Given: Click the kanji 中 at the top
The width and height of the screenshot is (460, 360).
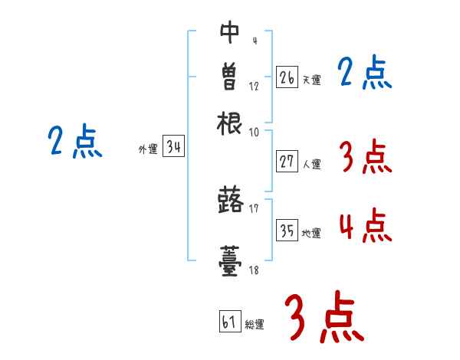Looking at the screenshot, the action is tap(230, 32).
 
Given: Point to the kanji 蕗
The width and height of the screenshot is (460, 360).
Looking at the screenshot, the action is tap(230, 201).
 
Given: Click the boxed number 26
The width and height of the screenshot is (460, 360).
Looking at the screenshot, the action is tap(287, 77).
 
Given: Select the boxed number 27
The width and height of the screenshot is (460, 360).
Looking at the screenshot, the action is tap(287, 161).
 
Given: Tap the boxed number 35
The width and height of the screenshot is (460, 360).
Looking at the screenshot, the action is tap(287, 231).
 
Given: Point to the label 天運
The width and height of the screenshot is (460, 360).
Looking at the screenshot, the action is tap(311, 80).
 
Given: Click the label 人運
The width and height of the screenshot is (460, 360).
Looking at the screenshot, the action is tap(311, 163).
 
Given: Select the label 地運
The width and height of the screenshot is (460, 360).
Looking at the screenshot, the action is tap(311, 233).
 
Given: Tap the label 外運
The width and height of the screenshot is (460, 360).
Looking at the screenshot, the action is tap(148, 150).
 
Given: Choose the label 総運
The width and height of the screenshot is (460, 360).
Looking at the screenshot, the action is tap(255, 324).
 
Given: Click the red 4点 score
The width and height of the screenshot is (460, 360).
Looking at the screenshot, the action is tap(364, 227).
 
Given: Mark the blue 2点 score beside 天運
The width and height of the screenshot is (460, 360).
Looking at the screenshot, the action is tap(365, 74).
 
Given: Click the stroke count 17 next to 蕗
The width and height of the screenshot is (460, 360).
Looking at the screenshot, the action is tap(254, 208).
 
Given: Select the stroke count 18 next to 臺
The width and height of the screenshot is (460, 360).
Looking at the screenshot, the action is tap(254, 270).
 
